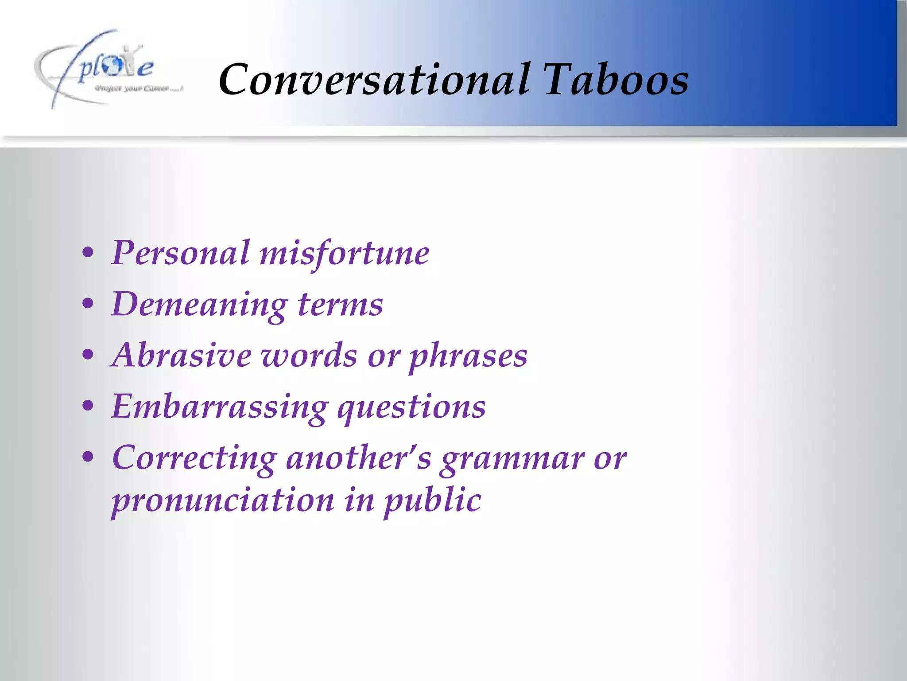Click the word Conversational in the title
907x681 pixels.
[x=374, y=80]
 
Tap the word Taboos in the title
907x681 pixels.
[x=616, y=80]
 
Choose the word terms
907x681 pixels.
[x=340, y=305]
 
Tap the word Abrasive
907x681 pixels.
[x=182, y=356]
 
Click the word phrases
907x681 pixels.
[x=468, y=357]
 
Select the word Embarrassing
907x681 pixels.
[x=220, y=407]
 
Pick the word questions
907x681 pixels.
[x=411, y=408]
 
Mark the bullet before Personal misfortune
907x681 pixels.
[x=88, y=253]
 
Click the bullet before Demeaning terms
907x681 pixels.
[x=88, y=304]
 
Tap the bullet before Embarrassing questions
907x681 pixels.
[x=88, y=406]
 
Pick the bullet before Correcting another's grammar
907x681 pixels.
[x=88, y=457]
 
